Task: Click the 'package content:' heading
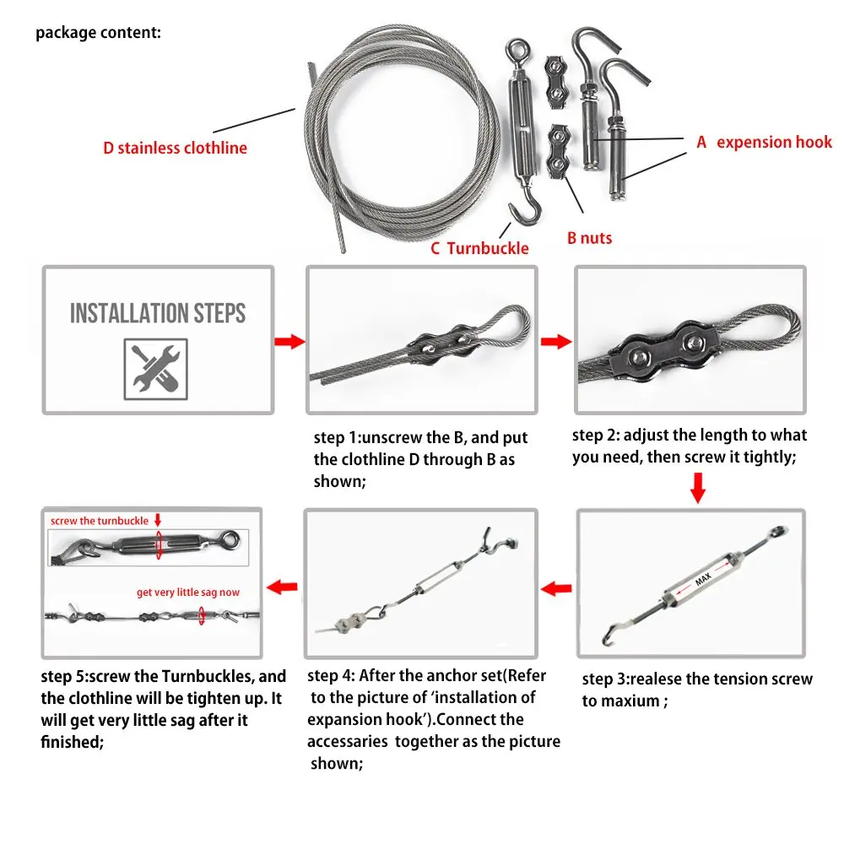click(98, 33)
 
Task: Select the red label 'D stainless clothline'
click(175, 148)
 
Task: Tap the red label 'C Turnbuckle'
click(479, 248)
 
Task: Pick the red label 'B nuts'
click(589, 238)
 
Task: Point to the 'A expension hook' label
click(764, 142)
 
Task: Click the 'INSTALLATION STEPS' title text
click(158, 313)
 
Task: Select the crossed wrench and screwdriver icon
click(155, 370)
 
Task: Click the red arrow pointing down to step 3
click(698, 488)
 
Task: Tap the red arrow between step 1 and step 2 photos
click(556, 341)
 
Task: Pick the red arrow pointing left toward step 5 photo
click(282, 587)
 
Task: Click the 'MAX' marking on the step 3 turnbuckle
click(703, 579)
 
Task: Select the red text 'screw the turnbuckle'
click(100, 521)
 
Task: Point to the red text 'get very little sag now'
click(188, 592)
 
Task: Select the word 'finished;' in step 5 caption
click(72, 742)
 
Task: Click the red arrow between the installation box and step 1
click(289, 341)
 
